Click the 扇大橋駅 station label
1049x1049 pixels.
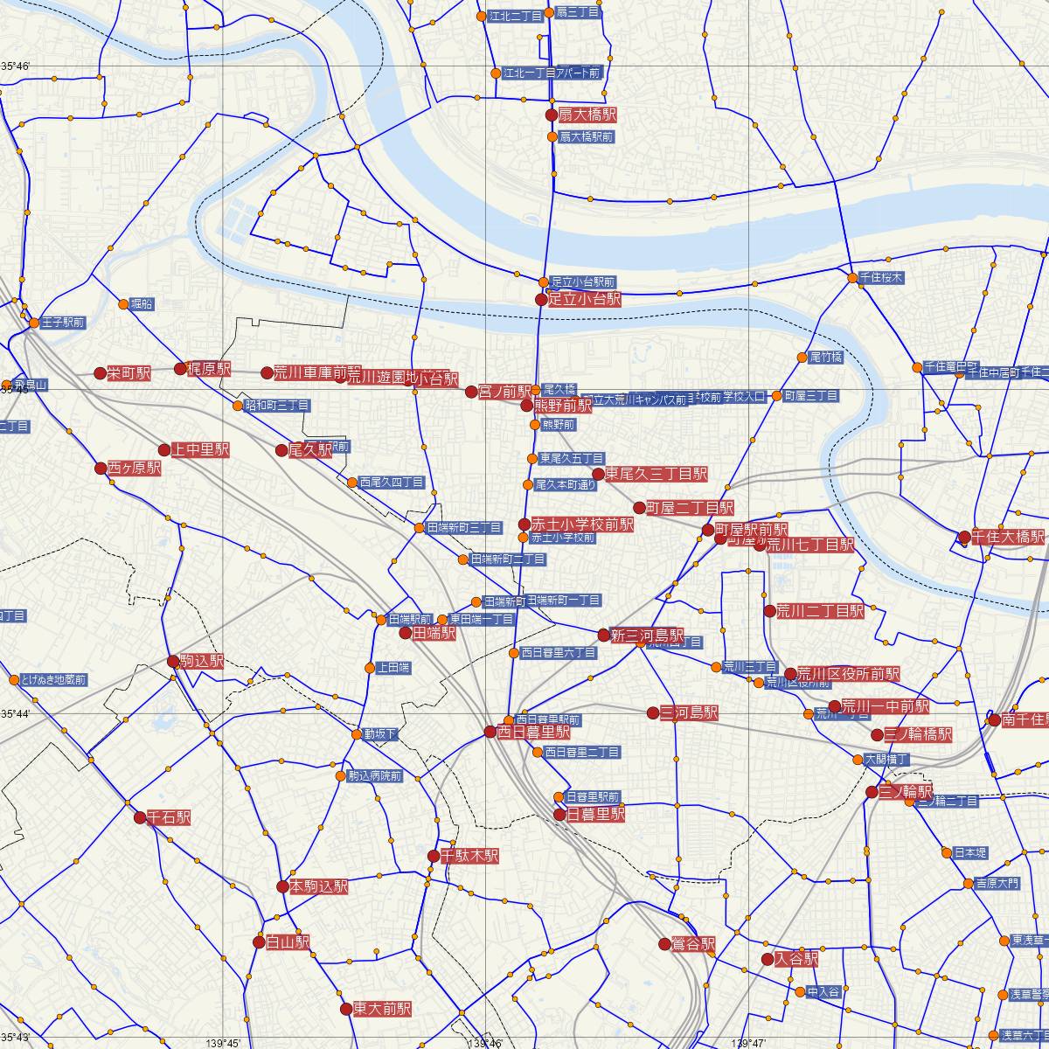(587, 115)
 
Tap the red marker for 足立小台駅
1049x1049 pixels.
(542, 299)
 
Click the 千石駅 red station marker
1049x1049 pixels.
(140, 818)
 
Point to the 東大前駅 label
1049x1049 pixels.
(382, 1008)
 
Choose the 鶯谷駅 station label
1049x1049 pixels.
(694, 944)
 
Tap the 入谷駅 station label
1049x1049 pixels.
(796, 958)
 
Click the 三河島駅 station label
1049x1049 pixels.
(689, 713)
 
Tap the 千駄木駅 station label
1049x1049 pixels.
(469, 856)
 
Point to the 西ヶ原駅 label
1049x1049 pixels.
(135, 468)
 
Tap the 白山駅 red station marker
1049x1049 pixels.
(259, 942)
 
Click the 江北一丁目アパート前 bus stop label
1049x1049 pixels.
(552, 73)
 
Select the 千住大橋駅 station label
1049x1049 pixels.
(1008, 537)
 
